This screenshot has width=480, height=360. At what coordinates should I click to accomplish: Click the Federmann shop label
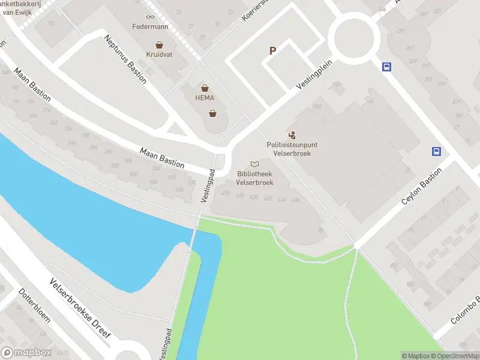[149, 27]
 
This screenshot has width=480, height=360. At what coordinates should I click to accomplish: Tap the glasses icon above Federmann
[149, 17]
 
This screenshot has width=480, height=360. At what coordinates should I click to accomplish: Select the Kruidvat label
[159, 55]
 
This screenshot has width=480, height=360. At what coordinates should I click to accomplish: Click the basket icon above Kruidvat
[159, 44]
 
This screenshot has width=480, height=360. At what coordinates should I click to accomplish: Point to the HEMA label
[205, 98]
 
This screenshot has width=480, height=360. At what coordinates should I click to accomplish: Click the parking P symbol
[272, 51]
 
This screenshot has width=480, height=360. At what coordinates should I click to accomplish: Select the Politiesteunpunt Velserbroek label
[293, 149]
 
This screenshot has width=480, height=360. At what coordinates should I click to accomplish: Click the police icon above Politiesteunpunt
[292, 136]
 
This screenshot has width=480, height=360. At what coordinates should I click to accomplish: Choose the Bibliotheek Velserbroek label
[255, 178]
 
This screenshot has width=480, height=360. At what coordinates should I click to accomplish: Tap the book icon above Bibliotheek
[255, 164]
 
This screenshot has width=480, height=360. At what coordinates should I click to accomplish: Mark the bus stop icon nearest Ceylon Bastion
[437, 152]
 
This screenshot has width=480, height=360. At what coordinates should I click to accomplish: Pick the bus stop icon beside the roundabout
[386, 67]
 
